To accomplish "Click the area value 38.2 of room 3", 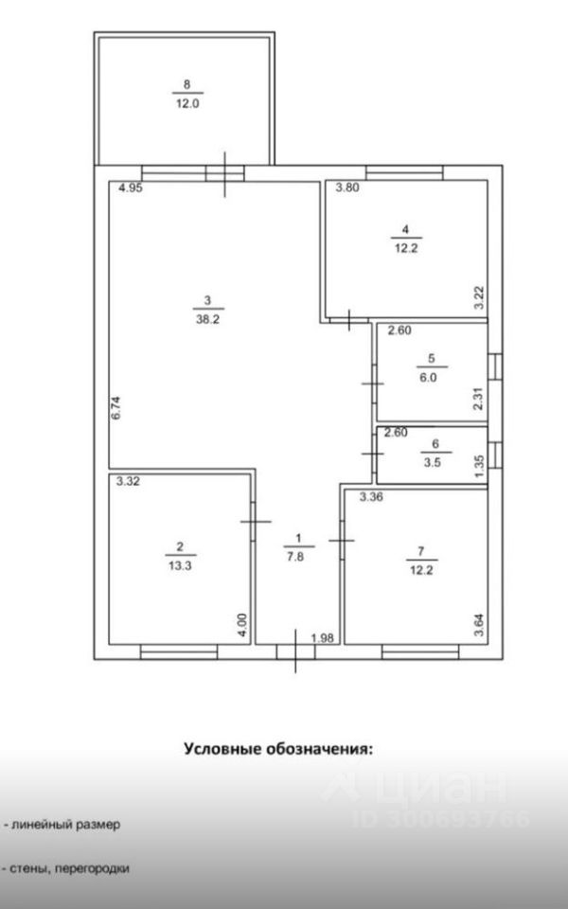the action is tap(207, 320).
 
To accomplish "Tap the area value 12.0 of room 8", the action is tap(186, 104).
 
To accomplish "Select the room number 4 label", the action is tap(405, 228).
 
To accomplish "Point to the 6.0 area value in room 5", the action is tap(431, 375).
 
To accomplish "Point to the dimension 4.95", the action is tap(130, 188).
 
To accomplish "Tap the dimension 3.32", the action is tap(128, 481).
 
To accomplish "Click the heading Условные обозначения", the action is tap(277, 748).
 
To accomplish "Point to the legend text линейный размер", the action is tap(66, 825).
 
